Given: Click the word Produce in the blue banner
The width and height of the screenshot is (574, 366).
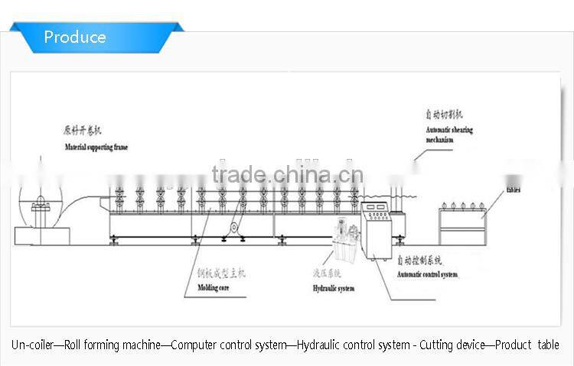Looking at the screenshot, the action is tap(75, 37).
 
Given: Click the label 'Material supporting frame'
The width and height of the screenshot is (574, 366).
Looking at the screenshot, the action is tap(96, 147).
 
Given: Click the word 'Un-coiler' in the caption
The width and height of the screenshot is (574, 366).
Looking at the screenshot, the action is tap(32, 345).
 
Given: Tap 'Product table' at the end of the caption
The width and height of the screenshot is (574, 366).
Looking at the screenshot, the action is tap(527, 345).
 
